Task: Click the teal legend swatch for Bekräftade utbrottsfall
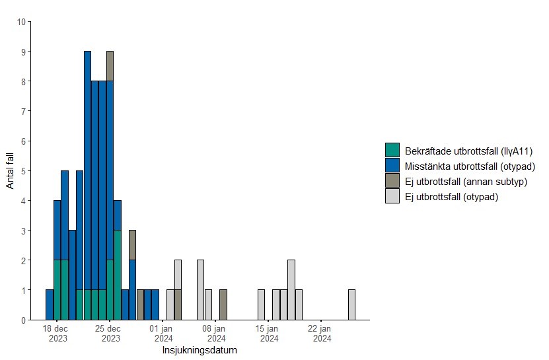392,150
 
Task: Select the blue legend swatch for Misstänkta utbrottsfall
392,166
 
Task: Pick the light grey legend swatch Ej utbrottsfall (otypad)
392,197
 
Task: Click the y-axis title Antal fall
10,170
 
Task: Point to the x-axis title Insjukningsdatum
200,351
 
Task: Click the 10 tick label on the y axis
22,22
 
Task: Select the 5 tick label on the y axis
24,171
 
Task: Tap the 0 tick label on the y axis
24,320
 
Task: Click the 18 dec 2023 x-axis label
57,334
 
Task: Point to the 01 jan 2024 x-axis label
163,334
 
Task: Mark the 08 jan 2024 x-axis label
216,334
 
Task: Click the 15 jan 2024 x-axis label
269,334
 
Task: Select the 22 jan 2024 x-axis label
322,334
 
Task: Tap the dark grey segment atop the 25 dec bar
110,66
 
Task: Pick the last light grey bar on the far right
351,305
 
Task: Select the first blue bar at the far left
50,305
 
